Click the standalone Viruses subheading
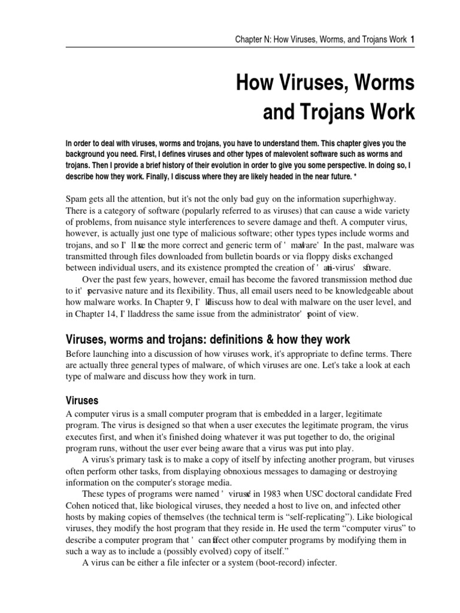click(81, 399)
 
